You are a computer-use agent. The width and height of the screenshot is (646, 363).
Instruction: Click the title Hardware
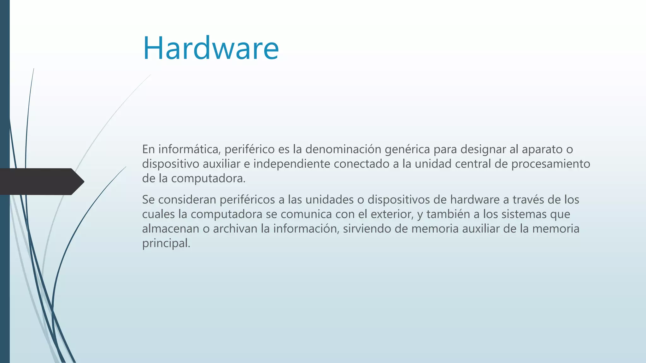[211, 48]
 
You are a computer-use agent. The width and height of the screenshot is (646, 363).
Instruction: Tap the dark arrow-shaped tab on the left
[41, 181]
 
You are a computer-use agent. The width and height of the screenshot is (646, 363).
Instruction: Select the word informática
[188, 149]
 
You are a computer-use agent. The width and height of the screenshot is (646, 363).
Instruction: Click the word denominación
[343, 149]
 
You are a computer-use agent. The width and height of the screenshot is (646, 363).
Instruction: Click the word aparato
[542, 149]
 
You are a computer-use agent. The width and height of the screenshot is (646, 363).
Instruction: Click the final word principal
[166, 244]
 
